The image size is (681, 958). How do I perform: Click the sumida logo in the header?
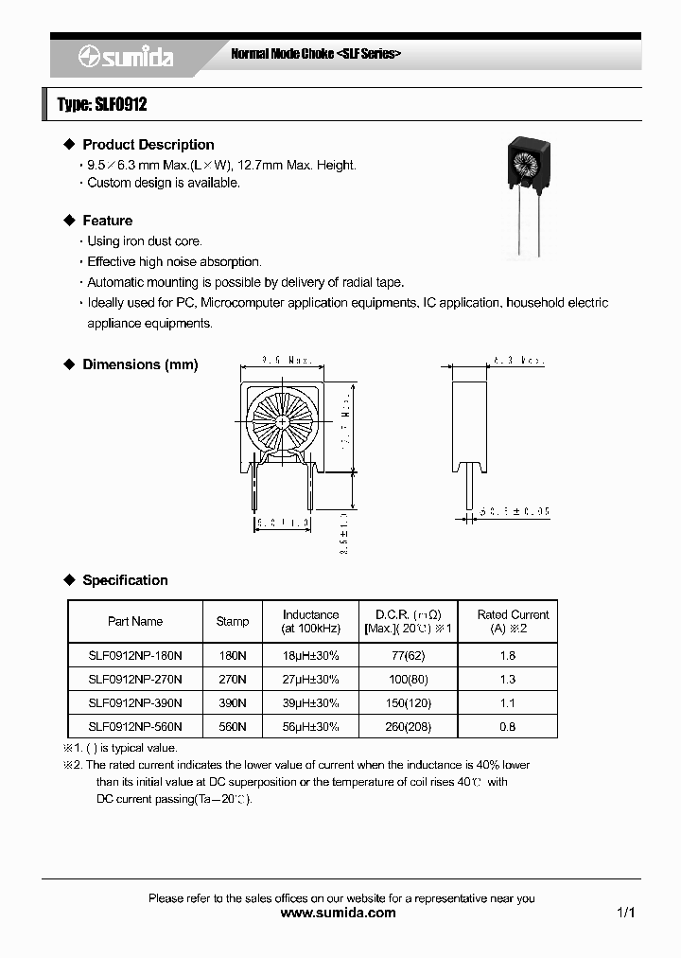125,58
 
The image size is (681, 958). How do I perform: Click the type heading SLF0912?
102,105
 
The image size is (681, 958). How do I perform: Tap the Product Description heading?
148,145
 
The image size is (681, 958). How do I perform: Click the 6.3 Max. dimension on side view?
518,361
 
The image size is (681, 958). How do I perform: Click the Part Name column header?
135,622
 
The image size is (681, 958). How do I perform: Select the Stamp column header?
233,622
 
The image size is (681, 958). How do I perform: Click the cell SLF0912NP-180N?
135,655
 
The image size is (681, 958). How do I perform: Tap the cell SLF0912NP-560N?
135,726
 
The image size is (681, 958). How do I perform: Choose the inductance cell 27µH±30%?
310,679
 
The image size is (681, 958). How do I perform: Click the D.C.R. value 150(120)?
408,702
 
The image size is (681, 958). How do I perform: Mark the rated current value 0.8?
507,726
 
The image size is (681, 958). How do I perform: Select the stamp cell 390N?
233,702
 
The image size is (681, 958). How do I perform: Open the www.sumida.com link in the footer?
340,913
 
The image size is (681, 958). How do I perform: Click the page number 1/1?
625,913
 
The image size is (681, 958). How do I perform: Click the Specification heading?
125,580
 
